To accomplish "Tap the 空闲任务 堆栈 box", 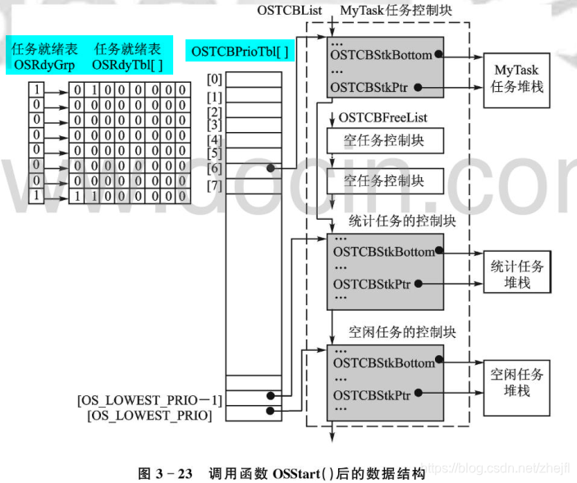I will point(517,381).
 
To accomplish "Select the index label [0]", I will point(214,80).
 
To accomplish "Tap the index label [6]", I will point(214,168).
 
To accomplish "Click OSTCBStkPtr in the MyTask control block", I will point(372,86).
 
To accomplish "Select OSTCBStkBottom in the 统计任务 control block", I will point(383,252).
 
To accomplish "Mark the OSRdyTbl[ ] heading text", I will point(127,63).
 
